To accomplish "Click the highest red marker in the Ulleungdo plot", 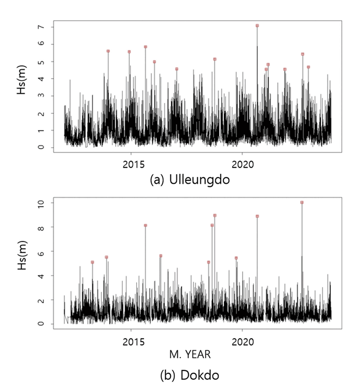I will [257, 25].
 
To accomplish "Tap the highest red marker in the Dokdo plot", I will [302, 202].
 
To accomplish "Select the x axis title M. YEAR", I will [189, 355].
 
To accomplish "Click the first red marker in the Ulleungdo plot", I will [108, 51].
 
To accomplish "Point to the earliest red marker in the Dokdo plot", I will [93, 262].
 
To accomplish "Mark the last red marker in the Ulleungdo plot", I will [308, 67].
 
